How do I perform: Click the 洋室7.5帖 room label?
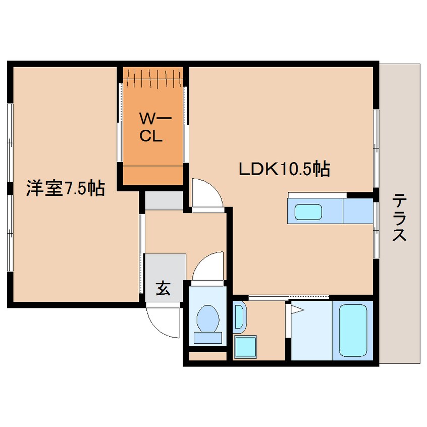65,189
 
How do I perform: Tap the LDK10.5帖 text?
284,169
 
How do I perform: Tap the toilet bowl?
207,318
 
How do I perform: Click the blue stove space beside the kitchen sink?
358,211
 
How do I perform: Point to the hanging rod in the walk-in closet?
153,76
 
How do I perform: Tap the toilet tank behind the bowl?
207,338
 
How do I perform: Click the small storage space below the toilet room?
207,356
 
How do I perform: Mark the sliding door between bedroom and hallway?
142,252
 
